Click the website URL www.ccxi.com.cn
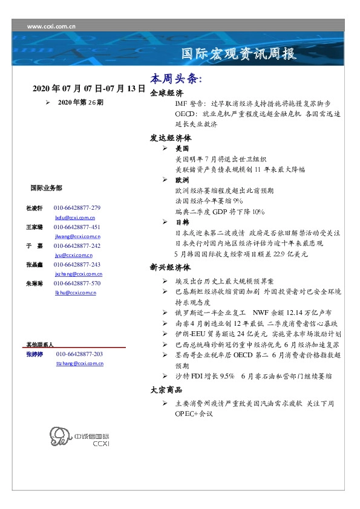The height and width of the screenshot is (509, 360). (52, 26)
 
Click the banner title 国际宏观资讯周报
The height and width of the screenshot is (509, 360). (240, 54)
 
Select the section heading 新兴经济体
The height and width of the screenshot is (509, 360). (171, 267)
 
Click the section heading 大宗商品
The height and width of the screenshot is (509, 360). (166, 391)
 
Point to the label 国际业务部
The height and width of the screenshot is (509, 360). (45, 188)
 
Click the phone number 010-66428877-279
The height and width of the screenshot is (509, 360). (77, 208)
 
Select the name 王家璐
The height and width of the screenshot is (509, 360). (34, 227)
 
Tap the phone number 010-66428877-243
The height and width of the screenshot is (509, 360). (77, 265)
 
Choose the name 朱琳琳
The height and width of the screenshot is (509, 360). (34, 284)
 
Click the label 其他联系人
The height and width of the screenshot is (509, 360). (40, 344)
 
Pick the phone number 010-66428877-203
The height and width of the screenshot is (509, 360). (79, 354)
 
